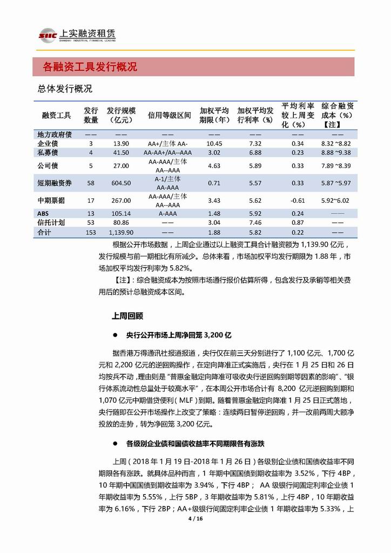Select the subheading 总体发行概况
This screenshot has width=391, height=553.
(x=65, y=89)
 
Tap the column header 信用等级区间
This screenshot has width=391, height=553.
(x=170, y=115)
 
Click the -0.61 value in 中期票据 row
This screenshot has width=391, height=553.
(x=298, y=201)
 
